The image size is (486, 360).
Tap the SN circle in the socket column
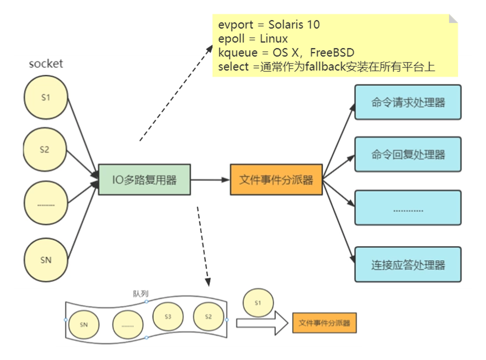46,260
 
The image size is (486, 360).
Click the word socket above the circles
46,64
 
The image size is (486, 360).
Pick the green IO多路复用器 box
144,180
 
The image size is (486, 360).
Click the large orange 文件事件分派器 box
276,180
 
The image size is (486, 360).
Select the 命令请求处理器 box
408,102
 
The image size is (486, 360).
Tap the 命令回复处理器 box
408,155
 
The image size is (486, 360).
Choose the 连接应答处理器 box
408,266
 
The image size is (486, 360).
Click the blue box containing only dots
408,209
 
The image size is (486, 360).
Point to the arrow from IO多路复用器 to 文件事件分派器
210,180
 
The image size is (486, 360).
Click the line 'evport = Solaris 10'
268,24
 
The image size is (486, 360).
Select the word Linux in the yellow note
274,39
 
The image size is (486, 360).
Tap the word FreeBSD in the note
332,53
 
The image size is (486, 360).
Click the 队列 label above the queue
140,294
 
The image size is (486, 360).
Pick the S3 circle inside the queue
168,317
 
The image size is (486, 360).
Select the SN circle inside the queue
84,324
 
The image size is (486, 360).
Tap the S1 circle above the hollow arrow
258,302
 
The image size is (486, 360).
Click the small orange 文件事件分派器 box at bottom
324,323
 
